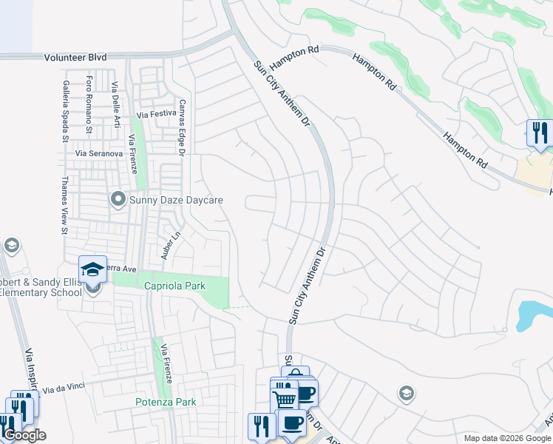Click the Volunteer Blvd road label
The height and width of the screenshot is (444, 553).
(x=75, y=56)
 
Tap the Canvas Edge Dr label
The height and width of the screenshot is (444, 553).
(x=180, y=127)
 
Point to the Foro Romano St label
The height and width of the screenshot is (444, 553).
(x=89, y=104)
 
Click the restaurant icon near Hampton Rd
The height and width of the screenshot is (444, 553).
(x=539, y=134)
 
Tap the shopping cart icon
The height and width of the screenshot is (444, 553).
(x=285, y=397)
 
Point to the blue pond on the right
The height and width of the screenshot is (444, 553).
(x=533, y=315)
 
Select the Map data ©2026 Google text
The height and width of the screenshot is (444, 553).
(x=507, y=438)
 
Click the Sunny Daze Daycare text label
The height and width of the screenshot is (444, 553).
(x=176, y=200)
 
